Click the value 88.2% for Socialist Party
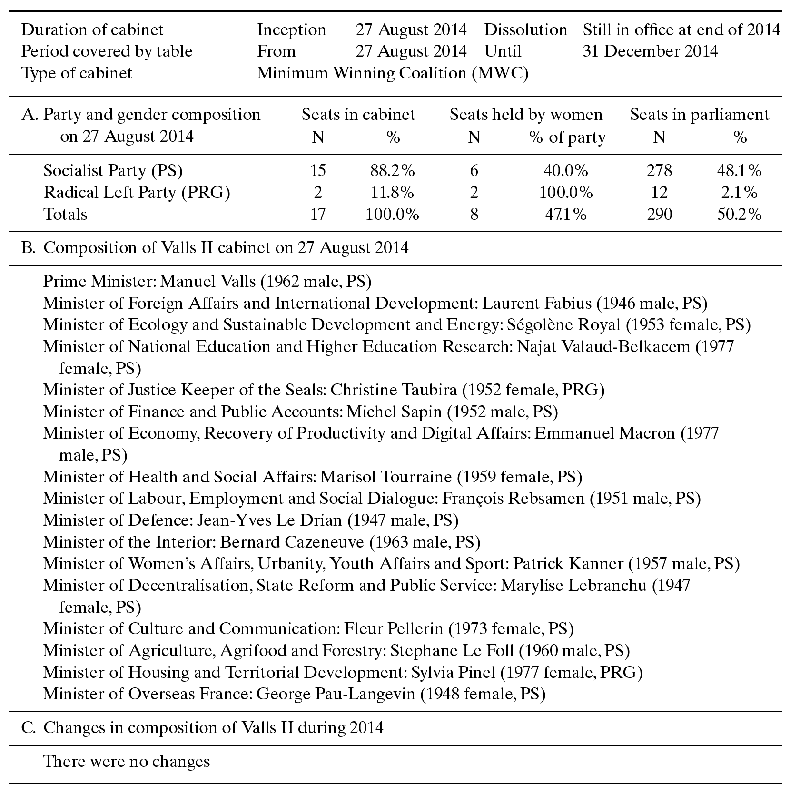click(392, 171)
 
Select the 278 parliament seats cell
click(659, 171)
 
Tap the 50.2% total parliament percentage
click(739, 215)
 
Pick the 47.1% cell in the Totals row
click(565, 215)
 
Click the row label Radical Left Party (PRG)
click(137, 193)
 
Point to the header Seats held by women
click(526, 115)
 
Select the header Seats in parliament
click(699, 115)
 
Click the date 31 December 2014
click(650, 51)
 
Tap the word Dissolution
click(525, 30)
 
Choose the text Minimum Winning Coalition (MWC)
click(393, 73)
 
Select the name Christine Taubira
click(394, 390)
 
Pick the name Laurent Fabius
click(537, 304)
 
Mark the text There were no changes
click(127, 762)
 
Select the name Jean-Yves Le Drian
click(269, 520)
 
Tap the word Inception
click(291, 30)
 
